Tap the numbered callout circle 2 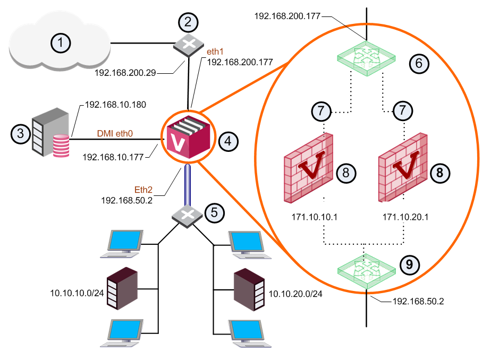[x=188, y=22]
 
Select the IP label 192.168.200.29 [x=125, y=73]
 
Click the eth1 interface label [x=215, y=52]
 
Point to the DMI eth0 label [x=115, y=134]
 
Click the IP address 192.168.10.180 [x=115, y=105]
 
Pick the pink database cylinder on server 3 [x=61, y=145]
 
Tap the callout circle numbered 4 [x=228, y=141]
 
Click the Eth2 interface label [x=143, y=190]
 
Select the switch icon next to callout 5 [x=187, y=216]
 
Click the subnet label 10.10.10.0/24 [x=77, y=293]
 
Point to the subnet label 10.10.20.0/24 [x=295, y=294]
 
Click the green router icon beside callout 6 [x=366, y=58]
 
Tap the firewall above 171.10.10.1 [x=308, y=168]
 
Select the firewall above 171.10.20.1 [x=403, y=168]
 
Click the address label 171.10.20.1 [x=405, y=217]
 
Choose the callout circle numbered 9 [x=410, y=264]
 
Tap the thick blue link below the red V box [x=188, y=185]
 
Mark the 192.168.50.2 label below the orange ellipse [x=418, y=301]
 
